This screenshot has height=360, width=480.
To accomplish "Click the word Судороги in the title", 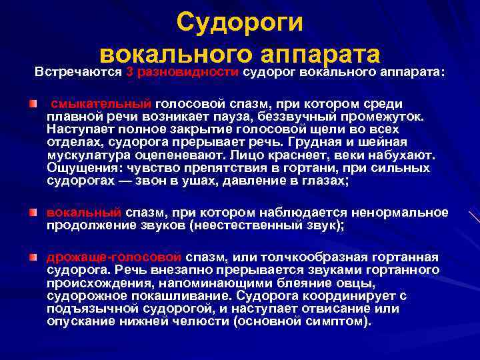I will (x=240, y=22).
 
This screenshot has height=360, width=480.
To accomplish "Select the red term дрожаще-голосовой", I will (x=114, y=257).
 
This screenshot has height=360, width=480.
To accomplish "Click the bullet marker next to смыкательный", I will (x=33, y=104).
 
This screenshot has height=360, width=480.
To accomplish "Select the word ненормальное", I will (x=403, y=213).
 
